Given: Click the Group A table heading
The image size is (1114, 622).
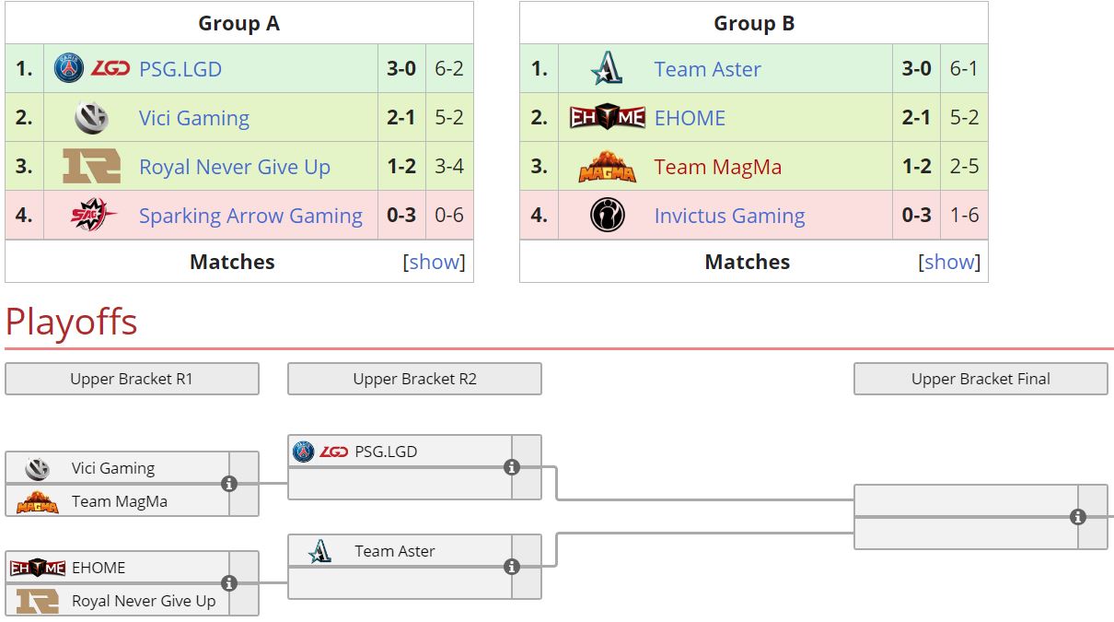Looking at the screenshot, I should (x=238, y=24).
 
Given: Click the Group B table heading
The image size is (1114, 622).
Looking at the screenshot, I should (x=753, y=24).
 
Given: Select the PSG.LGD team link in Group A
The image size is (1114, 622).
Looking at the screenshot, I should (x=180, y=69).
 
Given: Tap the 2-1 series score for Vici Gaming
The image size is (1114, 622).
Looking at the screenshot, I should (x=400, y=118).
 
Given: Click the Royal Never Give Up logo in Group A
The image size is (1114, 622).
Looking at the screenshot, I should (x=91, y=167).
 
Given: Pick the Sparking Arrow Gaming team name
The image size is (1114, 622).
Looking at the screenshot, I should (x=250, y=216).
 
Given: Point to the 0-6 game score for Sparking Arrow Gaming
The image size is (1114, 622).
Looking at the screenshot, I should (x=448, y=216).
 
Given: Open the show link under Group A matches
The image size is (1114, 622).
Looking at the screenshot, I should (x=435, y=262).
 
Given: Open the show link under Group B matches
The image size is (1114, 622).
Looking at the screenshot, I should (x=949, y=262).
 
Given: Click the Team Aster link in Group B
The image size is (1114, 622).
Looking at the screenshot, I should (x=707, y=69).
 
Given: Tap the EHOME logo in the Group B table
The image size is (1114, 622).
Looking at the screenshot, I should (x=607, y=118).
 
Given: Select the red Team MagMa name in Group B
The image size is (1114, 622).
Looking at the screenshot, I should (x=717, y=167).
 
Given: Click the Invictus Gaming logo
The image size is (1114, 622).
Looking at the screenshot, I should (x=607, y=216).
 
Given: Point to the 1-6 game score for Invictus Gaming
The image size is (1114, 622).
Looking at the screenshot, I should (x=964, y=216).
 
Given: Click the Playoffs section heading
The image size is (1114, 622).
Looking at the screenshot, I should (x=71, y=323).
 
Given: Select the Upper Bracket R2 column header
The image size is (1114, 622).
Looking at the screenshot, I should (x=414, y=379).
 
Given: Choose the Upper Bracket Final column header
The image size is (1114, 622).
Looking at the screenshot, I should (x=981, y=379).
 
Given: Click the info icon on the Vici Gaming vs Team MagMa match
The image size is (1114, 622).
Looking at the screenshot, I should (x=229, y=484).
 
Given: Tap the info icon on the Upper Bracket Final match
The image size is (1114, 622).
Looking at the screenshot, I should (x=1078, y=517).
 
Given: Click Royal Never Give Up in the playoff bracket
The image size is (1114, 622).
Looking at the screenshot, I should (x=144, y=601).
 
